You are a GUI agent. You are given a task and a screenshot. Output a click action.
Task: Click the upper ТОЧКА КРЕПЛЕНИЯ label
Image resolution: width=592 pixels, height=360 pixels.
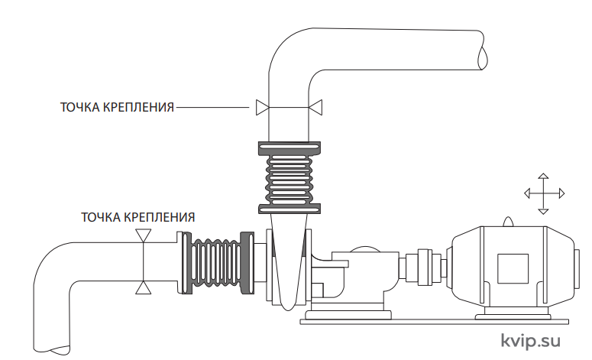[x=117, y=107]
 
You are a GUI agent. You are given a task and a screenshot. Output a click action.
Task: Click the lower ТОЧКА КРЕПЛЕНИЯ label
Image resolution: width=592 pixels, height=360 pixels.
[x=137, y=217]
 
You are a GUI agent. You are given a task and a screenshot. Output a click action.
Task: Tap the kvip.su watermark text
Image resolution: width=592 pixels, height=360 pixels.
[x=530, y=341]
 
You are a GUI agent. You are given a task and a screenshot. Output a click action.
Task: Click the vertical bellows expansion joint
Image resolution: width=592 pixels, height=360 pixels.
[x=290, y=177]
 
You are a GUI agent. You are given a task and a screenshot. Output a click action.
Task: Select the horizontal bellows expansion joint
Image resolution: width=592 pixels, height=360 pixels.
[x=218, y=263]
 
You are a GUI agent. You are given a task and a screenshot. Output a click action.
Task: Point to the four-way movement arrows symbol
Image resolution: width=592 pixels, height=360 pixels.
[x=544, y=194]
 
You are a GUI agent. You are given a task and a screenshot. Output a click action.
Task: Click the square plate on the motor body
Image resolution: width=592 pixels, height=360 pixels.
[x=513, y=268]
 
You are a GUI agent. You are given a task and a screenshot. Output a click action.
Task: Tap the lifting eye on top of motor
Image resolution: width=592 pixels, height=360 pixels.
[x=508, y=222]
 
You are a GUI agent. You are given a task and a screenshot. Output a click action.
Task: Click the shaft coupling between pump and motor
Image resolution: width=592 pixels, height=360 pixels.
[x=425, y=267]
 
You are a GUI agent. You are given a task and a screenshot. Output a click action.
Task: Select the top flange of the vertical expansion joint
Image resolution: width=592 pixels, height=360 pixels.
[x=290, y=148]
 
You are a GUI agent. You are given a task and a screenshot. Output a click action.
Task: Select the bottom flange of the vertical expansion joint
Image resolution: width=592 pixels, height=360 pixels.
[x=290, y=209]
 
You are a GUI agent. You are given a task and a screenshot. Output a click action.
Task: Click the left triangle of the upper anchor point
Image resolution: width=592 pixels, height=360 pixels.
[x=263, y=107]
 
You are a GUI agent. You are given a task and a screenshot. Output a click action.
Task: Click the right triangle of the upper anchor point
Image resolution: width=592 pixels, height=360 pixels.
[x=315, y=107]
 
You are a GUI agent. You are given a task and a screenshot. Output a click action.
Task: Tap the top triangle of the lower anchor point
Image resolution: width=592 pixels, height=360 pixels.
[x=144, y=235]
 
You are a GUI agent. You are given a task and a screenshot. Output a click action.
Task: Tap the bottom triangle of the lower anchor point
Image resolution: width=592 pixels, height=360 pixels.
[x=144, y=287]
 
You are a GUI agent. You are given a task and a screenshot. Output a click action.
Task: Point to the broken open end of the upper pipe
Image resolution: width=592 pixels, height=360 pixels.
[x=482, y=50]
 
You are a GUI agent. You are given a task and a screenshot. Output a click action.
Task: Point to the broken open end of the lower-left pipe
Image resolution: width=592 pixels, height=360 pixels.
[x=52, y=349]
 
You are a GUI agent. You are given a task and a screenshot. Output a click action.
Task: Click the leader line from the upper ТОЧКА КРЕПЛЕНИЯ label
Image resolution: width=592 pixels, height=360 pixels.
[x=212, y=107]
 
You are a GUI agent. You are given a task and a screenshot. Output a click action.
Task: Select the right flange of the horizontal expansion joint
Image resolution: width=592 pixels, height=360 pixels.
[x=247, y=263]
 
